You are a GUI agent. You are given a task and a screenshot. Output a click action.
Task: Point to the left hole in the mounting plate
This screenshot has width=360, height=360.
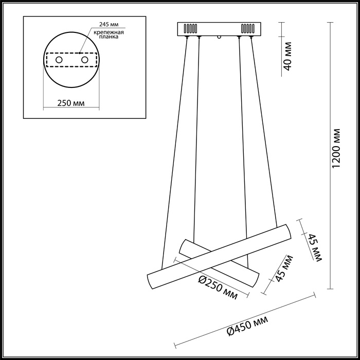pos(59,60)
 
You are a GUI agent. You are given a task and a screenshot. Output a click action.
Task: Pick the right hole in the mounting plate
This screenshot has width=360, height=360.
pos(84,60)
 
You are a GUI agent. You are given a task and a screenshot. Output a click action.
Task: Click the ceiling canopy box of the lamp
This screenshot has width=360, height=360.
pos(219,28)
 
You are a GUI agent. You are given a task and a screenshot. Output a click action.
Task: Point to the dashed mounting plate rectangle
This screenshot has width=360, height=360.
pos(71,60)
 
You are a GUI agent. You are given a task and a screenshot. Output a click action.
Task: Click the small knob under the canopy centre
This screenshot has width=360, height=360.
pos(220,37)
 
